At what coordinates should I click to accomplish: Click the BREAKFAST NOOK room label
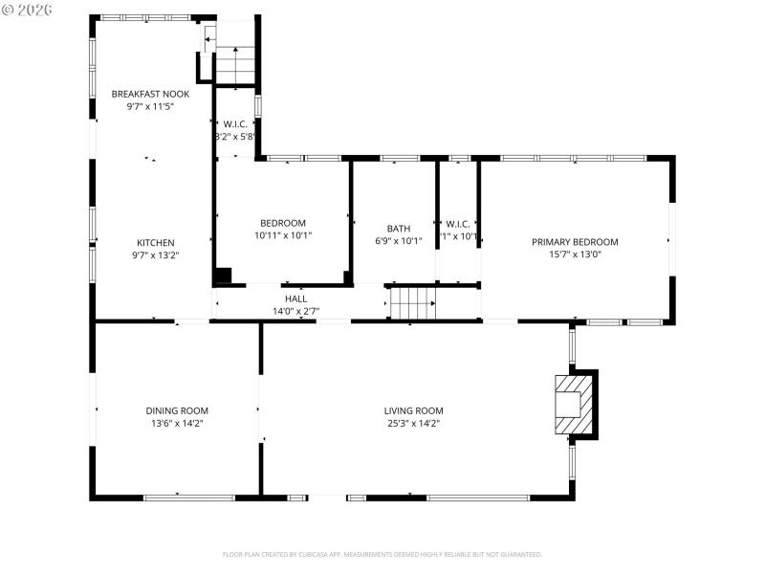coord(150,94)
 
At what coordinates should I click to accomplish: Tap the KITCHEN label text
coord(155,242)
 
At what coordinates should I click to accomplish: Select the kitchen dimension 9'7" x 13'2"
coord(155,255)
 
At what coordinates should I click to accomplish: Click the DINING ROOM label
coord(177,410)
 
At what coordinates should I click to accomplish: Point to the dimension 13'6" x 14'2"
coord(177,423)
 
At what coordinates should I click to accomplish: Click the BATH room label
coord(399,229)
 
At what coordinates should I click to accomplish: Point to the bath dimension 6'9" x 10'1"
coord(399,241)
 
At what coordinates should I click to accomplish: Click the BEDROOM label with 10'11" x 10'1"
coord(283,223)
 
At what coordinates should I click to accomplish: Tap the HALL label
coord(295,298)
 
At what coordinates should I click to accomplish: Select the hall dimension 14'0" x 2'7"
coord(295,311)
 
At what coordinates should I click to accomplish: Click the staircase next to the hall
coord(413,303)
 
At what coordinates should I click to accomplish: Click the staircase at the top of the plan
coord(235,65)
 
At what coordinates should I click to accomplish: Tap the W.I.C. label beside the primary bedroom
coord(457,224)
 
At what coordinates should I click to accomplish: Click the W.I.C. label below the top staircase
coord(235,123)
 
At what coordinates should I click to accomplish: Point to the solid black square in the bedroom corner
coord(223,276)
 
